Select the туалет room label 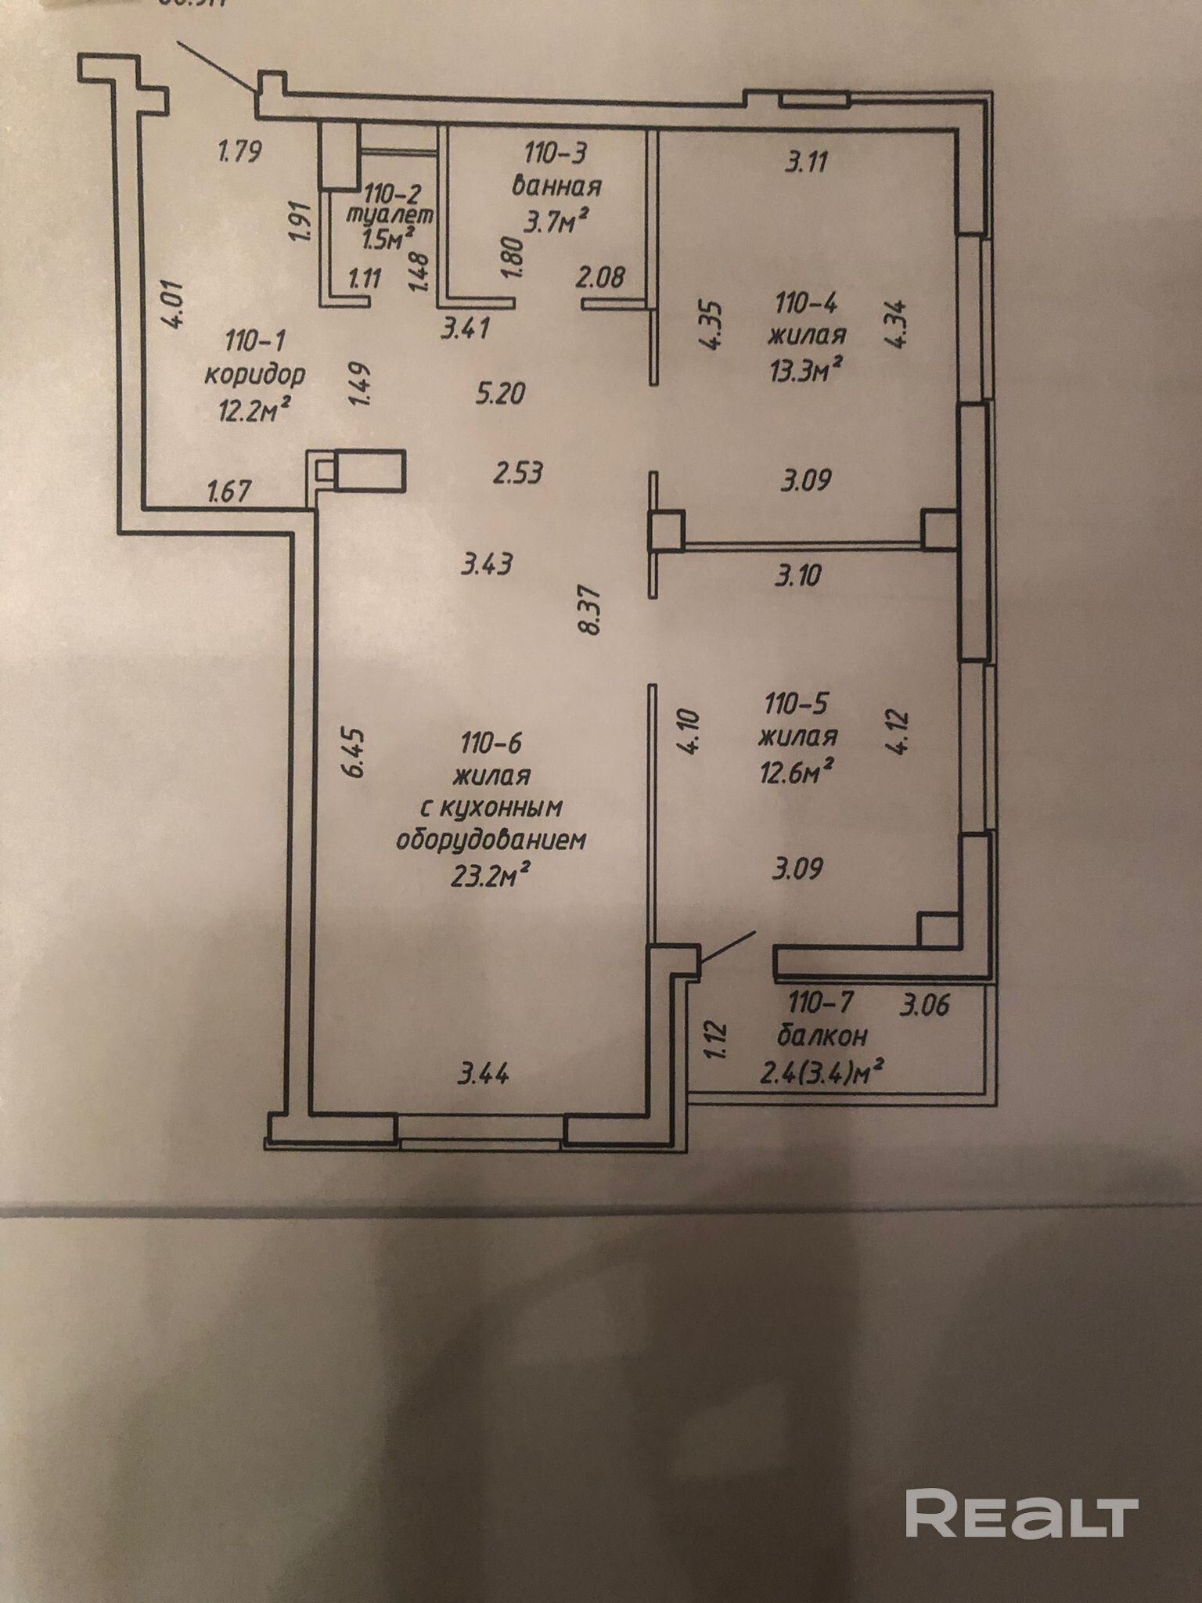point(389,214)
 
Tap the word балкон point(822,1036)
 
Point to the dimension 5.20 point(501,392)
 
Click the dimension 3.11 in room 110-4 point(805,163)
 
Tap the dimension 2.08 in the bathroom point(600,276)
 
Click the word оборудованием point(491,840)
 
